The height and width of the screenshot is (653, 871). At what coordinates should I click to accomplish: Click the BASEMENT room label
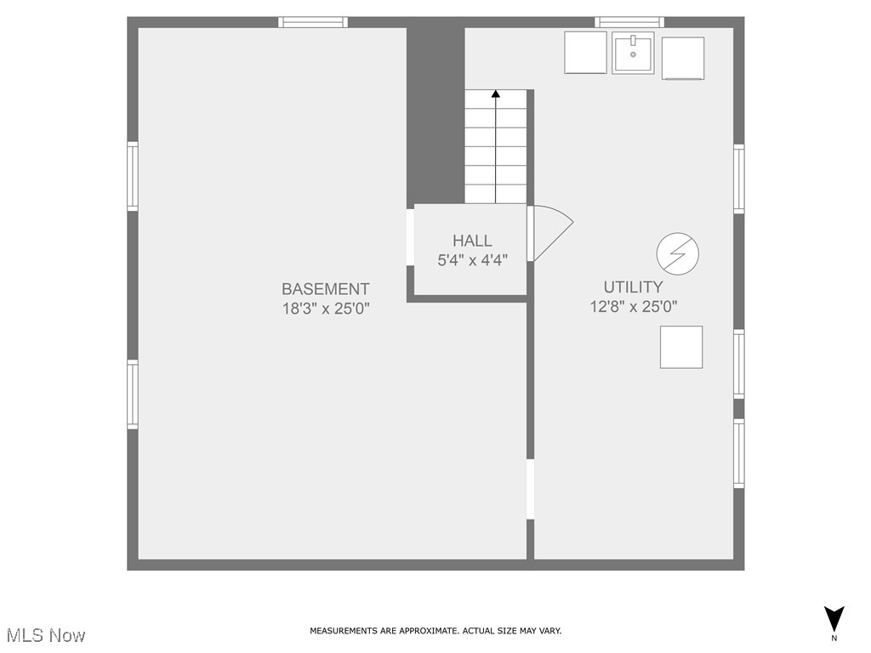click(x=326, y=289)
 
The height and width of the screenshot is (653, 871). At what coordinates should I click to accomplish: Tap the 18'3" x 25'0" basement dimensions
click(x=326, y=308)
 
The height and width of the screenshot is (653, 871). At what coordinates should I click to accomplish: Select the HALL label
click(x=472, y=241)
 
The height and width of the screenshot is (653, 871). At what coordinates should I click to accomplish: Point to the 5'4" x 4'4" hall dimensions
click(x=472, y=260)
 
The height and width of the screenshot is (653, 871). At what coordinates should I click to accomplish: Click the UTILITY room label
click(x=633, y=287)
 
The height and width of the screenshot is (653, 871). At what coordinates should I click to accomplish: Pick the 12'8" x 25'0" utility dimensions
click(x=633, y=307)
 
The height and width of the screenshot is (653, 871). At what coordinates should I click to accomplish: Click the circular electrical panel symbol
click(x=678, y=254)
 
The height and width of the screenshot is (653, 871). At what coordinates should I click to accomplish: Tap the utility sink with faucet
click(x=634, y=53)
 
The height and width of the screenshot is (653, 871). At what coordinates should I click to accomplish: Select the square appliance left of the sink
click(x=586, y=53)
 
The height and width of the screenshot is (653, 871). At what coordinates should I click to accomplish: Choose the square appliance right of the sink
click(x=683, y=58)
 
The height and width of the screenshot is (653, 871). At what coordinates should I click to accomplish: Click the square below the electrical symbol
click(x=681, y=347)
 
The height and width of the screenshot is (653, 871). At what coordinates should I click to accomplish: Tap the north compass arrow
click(x=834, y=618)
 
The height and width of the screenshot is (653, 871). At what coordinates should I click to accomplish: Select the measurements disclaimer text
click(x=435, y=631)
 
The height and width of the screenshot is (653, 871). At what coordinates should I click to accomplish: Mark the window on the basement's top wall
click(x=314, y=22)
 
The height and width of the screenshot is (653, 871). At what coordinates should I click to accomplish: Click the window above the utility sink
click(x=629, y=22)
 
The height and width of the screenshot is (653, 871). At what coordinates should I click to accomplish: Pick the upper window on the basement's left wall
click(x=133, y=176)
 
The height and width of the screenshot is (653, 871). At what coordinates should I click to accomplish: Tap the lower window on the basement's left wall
click(x=133, y=395)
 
